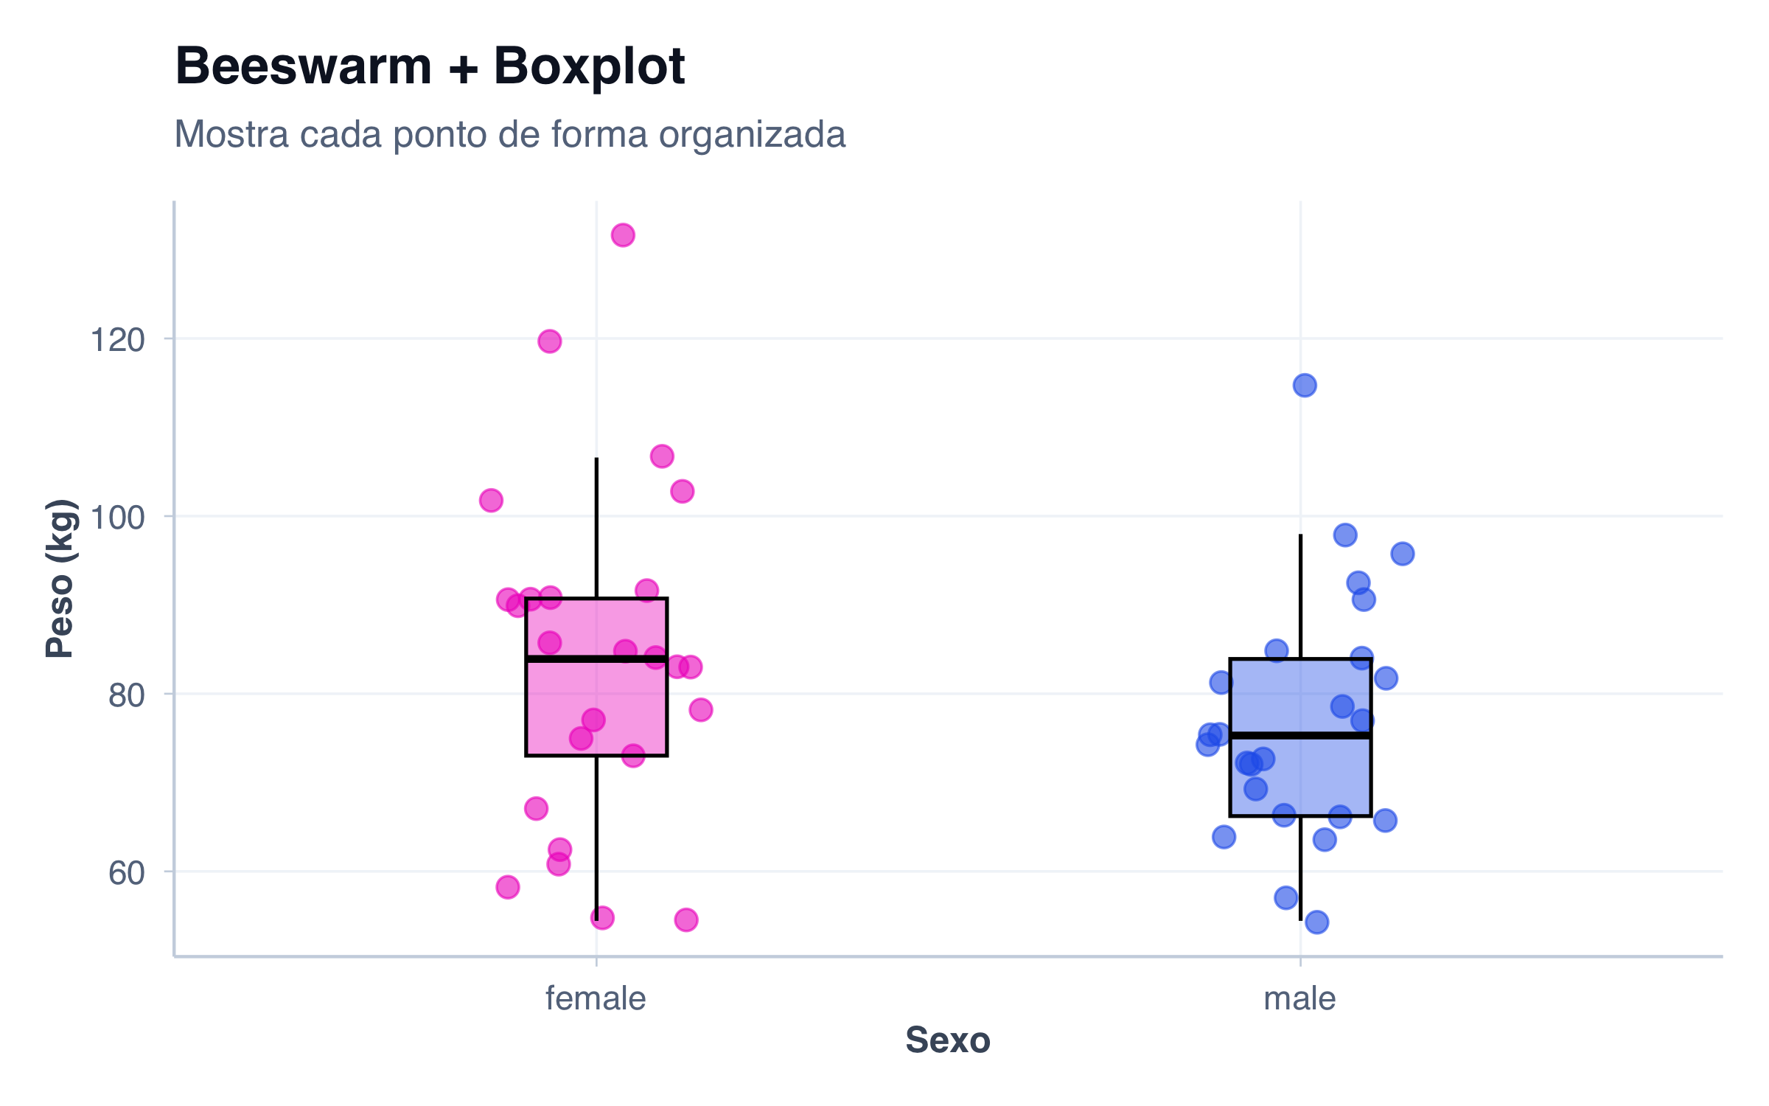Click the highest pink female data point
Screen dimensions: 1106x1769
coord(623,235)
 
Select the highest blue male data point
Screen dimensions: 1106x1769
coord(1305,385)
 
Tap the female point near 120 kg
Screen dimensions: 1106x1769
coord(550,341)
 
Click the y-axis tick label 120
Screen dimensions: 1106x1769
coord(117,341)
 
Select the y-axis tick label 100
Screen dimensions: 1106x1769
coord(117,518)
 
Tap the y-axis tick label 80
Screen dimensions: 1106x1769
coord(126,695)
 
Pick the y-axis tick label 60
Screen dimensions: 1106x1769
coord(126,873)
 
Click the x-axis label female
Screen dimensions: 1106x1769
coord(596,999)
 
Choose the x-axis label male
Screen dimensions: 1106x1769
coord(1299,999)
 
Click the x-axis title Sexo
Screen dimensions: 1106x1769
coord(948,1040)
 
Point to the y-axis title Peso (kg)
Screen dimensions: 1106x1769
coord(60,579)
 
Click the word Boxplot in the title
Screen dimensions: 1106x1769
coord(590,66)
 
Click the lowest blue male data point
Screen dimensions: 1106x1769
coord(1316,922)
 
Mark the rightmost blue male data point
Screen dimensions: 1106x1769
coord(1403,554)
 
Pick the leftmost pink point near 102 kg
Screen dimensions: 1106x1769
coord(491,501)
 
